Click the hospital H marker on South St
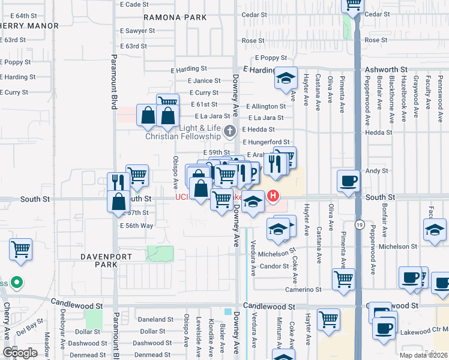click(273, 196)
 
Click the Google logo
click(20, 353)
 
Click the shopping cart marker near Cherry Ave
click(21, 248)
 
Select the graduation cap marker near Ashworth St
click(286, 77)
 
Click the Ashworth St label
click(387, 70)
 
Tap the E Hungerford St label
click(266, 142)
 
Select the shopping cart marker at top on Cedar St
click(354, 4)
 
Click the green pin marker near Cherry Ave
click(17, 282)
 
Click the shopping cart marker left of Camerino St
click(343, 277)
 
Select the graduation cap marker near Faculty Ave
click(435, 229)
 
